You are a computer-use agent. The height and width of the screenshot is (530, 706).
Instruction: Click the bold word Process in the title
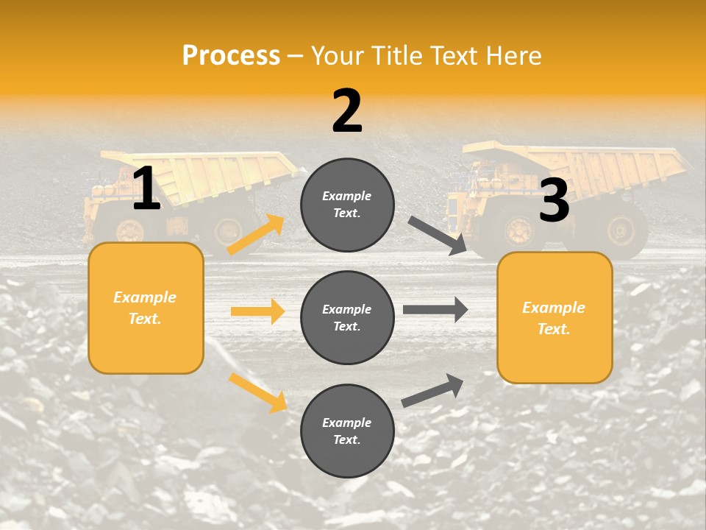coord(231,55)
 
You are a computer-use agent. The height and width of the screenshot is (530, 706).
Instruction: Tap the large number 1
coord(146,188)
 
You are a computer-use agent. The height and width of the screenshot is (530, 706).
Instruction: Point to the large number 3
coord(554,200)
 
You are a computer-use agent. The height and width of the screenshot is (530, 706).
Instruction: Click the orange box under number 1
coord(146,308)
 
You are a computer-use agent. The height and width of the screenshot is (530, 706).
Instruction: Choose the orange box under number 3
coord(555,317)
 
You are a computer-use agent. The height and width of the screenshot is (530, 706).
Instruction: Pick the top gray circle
coord(347,204)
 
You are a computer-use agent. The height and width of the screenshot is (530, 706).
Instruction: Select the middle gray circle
coord(347,317)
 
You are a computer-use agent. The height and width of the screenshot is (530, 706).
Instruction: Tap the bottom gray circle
coord(347,431)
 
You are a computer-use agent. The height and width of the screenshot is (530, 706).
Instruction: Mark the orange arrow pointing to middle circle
coord(257,311)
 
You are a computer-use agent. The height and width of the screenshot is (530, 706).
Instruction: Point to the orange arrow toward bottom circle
coord(257,392)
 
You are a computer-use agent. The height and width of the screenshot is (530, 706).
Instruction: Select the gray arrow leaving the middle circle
coord(435,310)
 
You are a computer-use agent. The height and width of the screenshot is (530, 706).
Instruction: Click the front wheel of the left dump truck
coord(129,230)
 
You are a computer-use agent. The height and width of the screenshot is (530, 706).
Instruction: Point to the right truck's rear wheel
coord(621,230)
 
